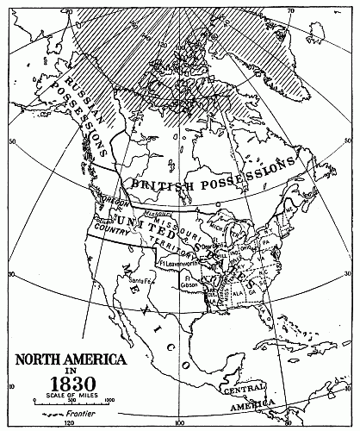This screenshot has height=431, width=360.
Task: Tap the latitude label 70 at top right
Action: pos(290,10)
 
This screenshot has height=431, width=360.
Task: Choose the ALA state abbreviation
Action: pos(238,294)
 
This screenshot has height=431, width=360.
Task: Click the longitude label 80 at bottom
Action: pos(284,423)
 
